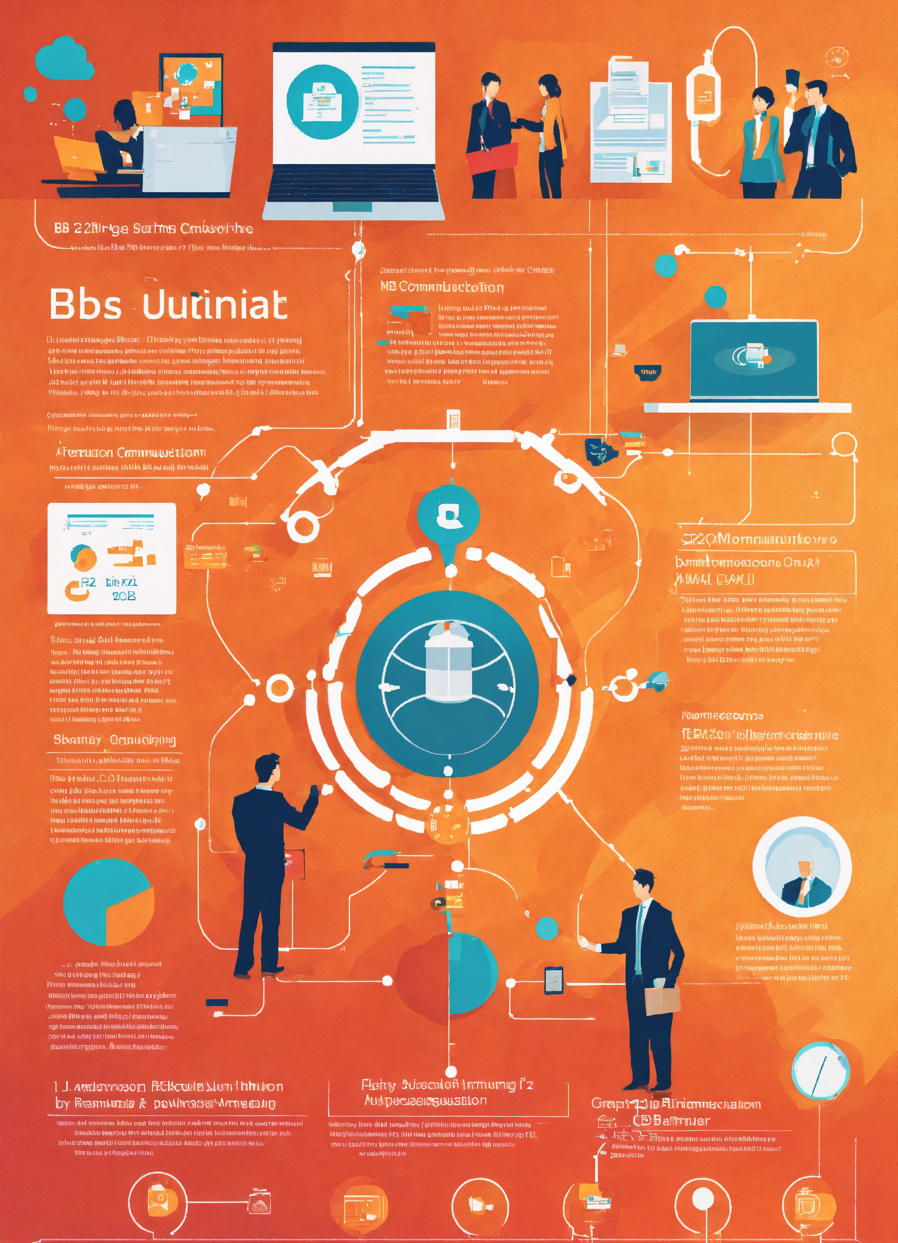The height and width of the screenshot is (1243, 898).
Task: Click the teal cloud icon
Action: click(x=63, y=58)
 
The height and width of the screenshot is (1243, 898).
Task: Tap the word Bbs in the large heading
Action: click(x=85, y=304)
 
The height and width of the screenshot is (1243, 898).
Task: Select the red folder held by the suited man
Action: click(x=491, y=158)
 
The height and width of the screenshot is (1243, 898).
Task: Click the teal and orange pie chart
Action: click(x=108, y=902)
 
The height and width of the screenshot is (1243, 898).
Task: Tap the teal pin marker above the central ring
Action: click(x=448, y=518)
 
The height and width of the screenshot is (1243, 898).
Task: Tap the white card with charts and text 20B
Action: click(x=111, y=558)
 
